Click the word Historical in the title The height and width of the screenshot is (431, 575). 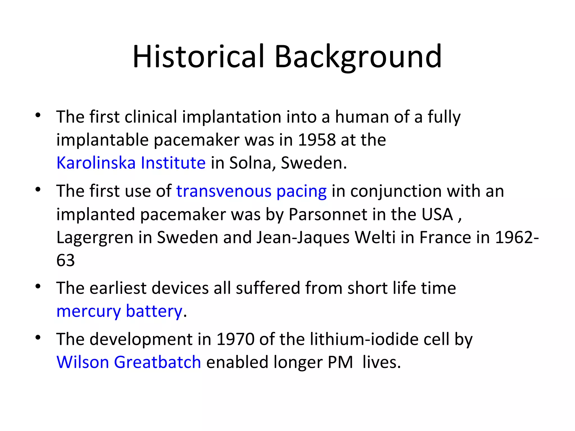click(x=198, y=57)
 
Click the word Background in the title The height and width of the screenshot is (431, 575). click(x=358, y=57)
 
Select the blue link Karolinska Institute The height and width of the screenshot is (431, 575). click(x=131, y=163)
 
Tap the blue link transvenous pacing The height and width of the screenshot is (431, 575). click(x=251, y=191)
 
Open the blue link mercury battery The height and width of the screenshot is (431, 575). click(x=119, y=311)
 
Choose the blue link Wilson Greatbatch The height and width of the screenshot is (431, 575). click(x=129, y=362)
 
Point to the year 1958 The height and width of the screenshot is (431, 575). click(x=316, y=140)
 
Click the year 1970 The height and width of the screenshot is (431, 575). click(x=235, y=339)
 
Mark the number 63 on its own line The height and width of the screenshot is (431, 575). click(x=65, y=260)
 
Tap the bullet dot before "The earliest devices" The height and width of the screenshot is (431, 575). click(x=38, y=286)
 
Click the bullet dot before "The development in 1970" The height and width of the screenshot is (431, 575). click(x=38, y=338)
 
